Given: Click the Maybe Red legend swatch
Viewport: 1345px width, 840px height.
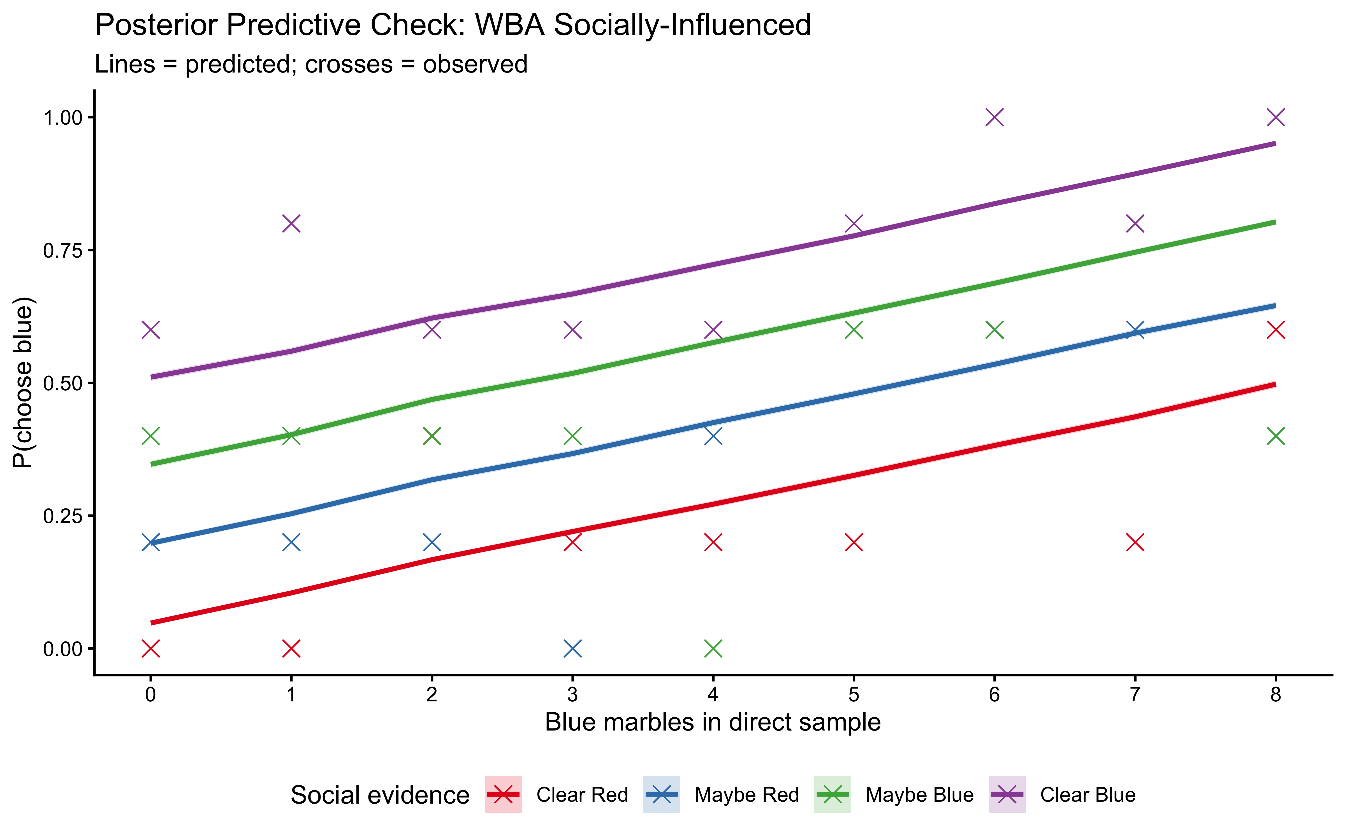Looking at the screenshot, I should [661, 794].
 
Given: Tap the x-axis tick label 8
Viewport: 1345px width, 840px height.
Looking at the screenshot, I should [1276, 694].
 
